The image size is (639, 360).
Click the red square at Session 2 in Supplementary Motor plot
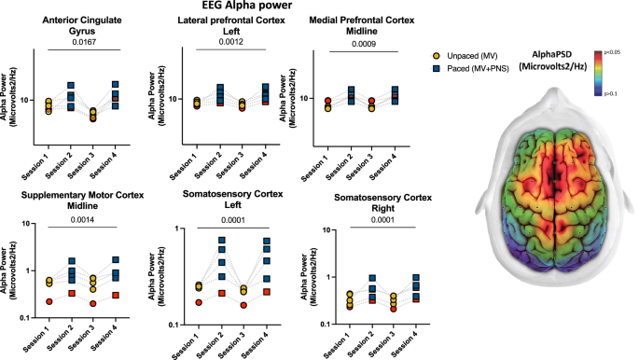tap(72, 294)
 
